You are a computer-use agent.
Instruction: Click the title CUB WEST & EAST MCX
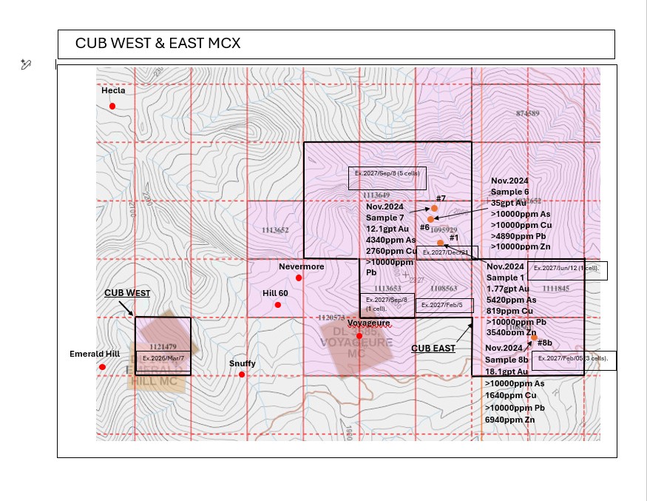click(157, 44)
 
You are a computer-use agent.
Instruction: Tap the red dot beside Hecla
click(112, 106)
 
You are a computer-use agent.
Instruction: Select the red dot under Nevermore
click(299, 278)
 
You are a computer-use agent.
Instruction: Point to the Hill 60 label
click(275, 293)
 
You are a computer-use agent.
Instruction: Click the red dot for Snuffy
click(242, 374)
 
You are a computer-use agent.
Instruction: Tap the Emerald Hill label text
click(94, 354)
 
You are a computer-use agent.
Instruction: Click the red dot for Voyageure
click(359, 336)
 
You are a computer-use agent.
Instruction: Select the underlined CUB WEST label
click(127, 293)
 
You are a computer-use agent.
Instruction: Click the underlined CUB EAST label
click(433, 348)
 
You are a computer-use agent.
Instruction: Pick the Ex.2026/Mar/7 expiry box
click(163, 358)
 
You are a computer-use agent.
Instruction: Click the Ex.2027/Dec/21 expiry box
click(446, 252)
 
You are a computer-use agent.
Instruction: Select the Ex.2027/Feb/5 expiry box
click(442, 305)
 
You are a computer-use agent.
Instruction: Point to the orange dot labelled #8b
click(534, 337)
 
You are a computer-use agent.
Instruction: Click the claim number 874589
click(528, 113)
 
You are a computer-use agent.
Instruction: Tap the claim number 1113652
click(275, 230)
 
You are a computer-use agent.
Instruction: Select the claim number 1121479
click(163, 346)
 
